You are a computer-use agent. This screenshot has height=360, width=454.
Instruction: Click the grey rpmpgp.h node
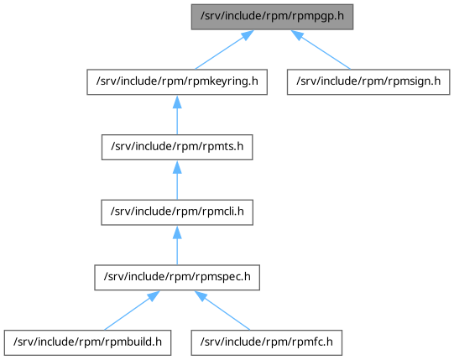[x=272, y=17]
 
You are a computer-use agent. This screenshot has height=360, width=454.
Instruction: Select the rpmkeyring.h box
[x=177, y=82]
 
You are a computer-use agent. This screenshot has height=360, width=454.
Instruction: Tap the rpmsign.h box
[x=368, y=82]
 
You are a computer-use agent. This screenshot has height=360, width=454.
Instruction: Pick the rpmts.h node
[x=177, y=147]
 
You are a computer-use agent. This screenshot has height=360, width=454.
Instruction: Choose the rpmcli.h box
[x=177, y=212]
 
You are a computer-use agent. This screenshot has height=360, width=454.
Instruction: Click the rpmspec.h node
[x=177, y=278]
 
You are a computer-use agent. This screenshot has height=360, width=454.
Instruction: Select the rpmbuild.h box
[x=87, y=342]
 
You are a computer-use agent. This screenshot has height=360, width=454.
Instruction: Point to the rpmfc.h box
[x=266, y=342]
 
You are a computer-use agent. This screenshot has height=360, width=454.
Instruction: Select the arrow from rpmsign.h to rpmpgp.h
[x=321, y=50]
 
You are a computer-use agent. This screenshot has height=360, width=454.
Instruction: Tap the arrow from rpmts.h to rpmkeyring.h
[x=177, y=115]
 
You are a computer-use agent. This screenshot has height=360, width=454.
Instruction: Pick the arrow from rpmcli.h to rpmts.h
[x=177, y=180]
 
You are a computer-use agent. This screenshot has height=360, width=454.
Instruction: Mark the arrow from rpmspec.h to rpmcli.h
[x=177, y=245]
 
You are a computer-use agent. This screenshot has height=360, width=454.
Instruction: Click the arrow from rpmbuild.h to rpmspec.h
[x=132, y=310]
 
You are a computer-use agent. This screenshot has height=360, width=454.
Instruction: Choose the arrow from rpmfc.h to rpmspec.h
[x=222, y=310]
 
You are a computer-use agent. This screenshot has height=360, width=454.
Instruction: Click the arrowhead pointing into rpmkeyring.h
[x=177, y=102]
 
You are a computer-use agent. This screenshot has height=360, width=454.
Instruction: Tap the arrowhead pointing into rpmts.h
[x=177, y=167]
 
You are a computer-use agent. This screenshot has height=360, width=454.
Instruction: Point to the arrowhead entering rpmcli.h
[x=177, y=232]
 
